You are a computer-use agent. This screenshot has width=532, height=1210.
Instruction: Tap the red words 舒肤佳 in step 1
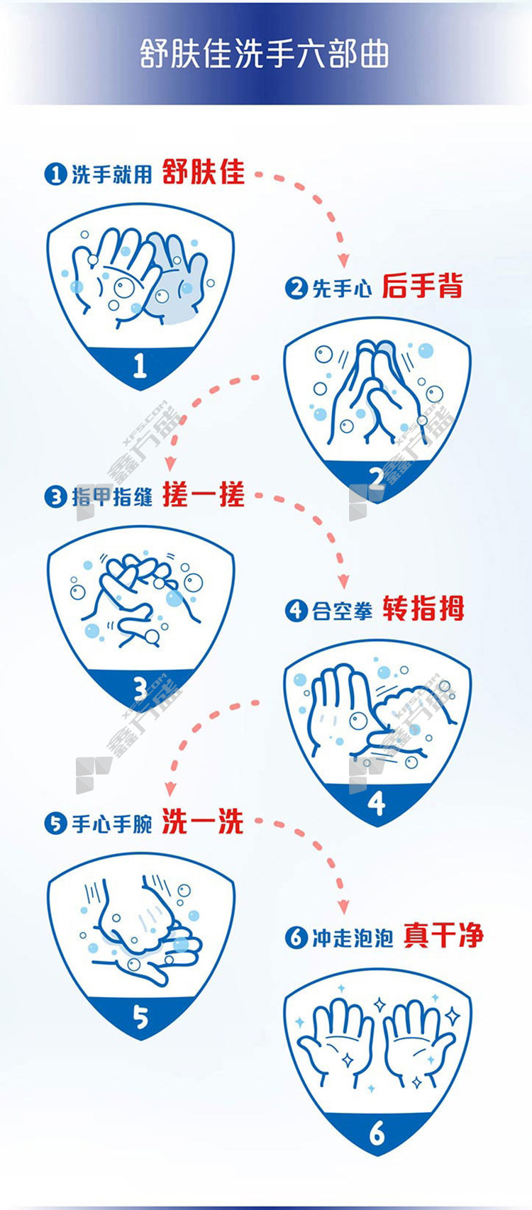tap(204, 172)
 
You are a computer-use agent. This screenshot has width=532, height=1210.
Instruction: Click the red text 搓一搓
tap(204, 494)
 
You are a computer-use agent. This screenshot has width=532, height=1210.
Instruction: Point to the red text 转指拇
tap(423, 609)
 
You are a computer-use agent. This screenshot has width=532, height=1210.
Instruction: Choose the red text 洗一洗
tap(203, 821)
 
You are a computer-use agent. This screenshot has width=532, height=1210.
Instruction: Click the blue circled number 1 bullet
tap(55, 174)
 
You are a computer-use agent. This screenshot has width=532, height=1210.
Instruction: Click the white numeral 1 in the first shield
tap(140, 366)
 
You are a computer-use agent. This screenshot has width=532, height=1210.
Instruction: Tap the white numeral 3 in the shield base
tap(140, 689)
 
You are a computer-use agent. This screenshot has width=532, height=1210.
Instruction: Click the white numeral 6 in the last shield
tap(377, 1132)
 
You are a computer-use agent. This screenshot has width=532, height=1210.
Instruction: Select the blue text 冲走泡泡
tap(353, 938)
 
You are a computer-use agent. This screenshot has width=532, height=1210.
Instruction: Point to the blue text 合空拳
tap(343, 611)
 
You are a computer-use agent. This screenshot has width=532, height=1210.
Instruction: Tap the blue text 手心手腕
tap(112, 823)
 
